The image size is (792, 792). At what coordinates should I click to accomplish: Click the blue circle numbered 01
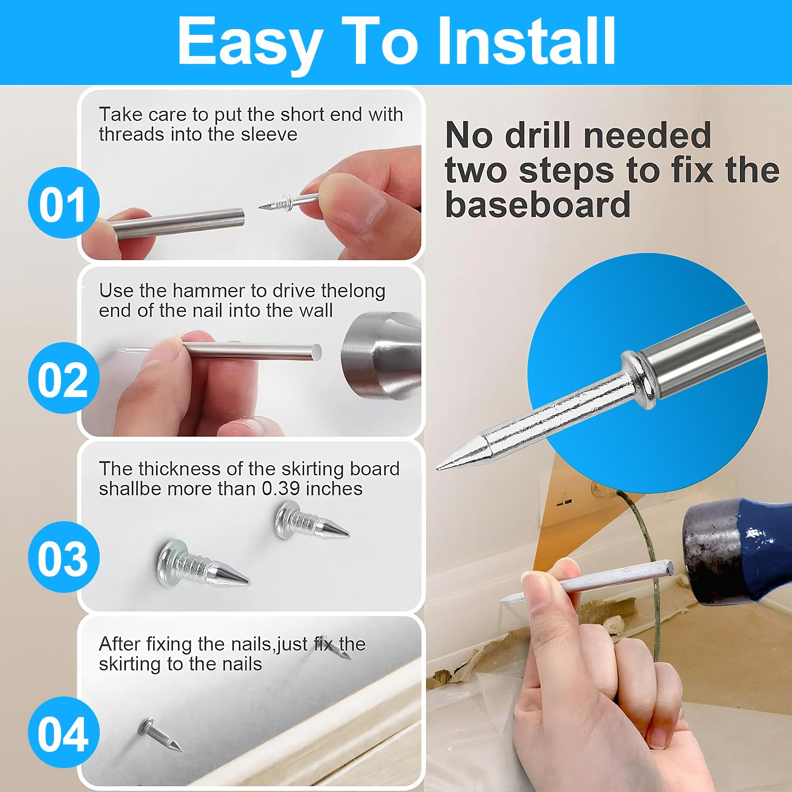coord(62,203)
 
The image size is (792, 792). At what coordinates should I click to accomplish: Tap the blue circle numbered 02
coord(62,379)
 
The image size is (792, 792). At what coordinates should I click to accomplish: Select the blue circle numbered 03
coord(62,558)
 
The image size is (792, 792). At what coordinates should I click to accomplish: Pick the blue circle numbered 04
coord(62,734)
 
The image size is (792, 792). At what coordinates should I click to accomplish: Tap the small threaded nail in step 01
coord(288,202)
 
